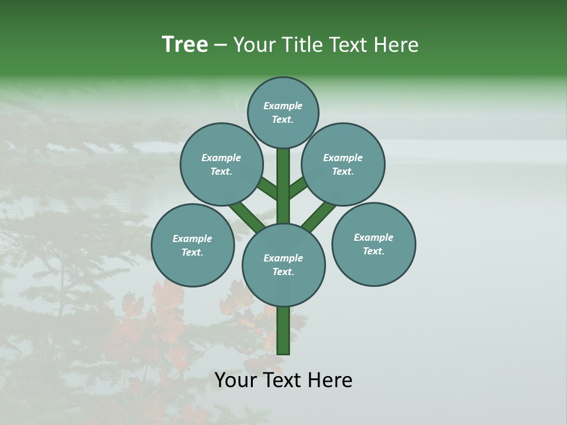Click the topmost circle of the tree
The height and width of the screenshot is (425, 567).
pos(283,113)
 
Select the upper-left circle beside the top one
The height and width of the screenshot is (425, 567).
pos(221,165)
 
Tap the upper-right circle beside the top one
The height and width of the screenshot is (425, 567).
pos(343,165)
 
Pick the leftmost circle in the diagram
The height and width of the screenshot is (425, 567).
pos(193,246)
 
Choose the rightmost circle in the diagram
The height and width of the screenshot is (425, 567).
pos(373,244)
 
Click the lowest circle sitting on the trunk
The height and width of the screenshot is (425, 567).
pos(283,265)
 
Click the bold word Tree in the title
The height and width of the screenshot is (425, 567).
pos(185,44)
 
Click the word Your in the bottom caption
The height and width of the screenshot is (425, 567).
pos(234,380)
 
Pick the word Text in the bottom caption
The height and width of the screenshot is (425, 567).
pos(281,380)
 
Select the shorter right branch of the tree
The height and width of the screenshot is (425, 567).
pos(298,188)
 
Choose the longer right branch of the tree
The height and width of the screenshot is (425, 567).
pos(319,216)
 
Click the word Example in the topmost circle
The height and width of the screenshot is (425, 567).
pos(283,106)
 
